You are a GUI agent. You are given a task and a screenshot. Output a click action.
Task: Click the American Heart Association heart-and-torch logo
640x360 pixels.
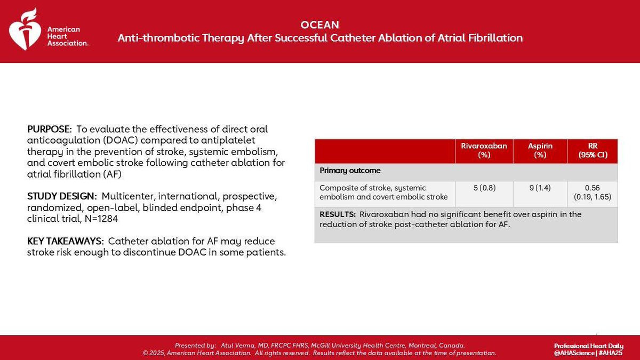[25, 29]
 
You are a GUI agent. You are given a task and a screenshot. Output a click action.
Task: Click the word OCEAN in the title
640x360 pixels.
[319, 25]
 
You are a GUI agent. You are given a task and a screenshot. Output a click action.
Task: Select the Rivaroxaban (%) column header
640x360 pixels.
[484, 150]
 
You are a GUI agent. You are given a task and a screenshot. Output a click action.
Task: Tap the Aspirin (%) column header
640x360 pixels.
[540, 150]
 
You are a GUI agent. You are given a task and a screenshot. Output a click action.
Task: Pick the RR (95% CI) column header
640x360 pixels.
[593, 150]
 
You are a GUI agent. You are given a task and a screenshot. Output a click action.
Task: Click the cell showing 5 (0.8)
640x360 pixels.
[485, 188]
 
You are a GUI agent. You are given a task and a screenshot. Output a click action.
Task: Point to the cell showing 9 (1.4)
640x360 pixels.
[540, 188]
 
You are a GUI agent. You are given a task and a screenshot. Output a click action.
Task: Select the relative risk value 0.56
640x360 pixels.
[593, 188]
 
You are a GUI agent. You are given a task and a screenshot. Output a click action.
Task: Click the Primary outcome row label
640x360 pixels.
[350, 171]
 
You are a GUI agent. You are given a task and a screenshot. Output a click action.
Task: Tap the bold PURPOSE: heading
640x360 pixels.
[50, 129]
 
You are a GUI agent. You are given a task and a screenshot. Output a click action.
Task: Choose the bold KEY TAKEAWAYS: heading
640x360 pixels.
[66, 241]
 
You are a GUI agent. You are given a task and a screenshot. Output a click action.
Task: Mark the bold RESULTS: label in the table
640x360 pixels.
[338, 214]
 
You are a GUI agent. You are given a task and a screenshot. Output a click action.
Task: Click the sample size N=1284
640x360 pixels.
[101, 219]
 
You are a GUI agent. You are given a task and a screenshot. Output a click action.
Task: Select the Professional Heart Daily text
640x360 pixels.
[589, 346]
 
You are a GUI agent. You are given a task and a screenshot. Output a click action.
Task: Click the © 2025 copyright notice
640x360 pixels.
[154, 353]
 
